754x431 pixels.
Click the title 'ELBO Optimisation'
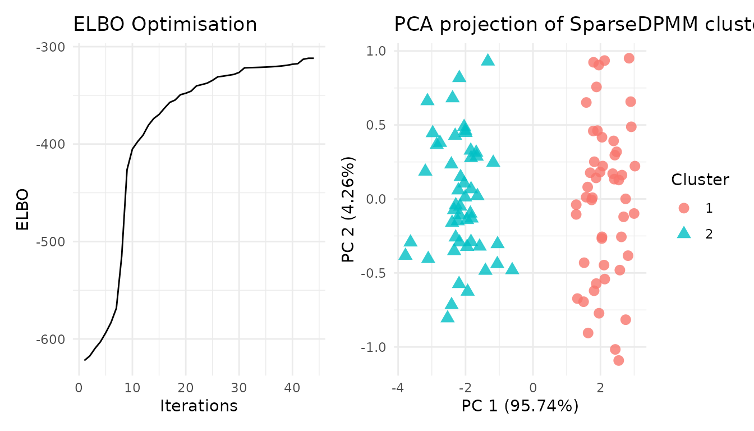[x=165, y=25]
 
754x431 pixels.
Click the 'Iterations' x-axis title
[x=199, y=406]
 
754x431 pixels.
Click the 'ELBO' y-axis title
[x=22, y=209]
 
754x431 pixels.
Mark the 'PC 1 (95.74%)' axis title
[x=520, y=406]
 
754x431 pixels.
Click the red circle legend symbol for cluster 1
[x=683, y=208]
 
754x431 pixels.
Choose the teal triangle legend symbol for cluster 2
[x=683, y=233]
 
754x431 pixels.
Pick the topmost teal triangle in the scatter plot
[x=488, y=60]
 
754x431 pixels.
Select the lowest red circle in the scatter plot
[x=618, y=360]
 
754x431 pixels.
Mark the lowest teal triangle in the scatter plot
[x=447, y=317]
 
